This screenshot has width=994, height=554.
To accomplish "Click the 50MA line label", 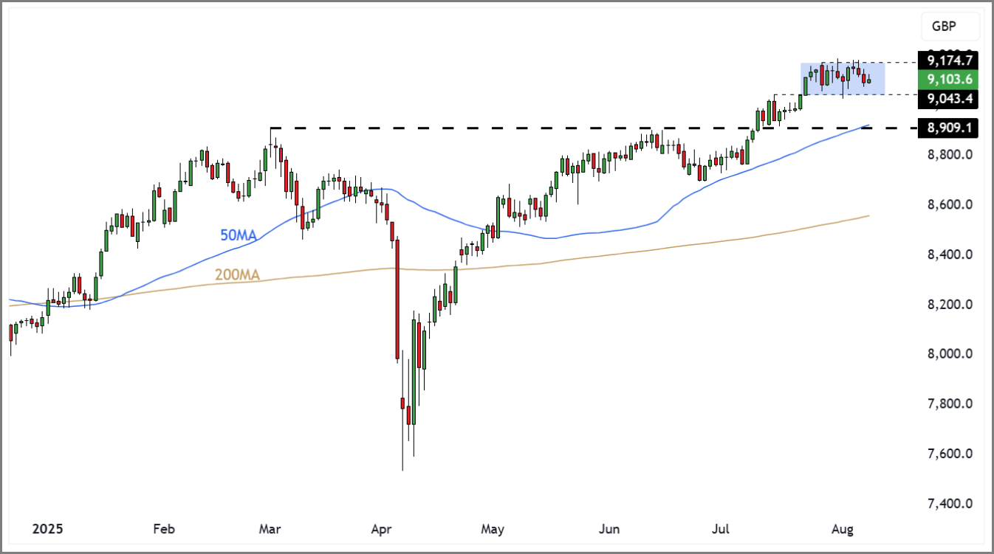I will (238, 236).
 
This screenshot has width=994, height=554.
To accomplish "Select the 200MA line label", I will (237, 275).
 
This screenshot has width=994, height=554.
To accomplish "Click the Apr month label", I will (381, 529).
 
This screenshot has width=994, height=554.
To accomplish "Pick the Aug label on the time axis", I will (843, 529).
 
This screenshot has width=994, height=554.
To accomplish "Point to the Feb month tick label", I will (164, 529).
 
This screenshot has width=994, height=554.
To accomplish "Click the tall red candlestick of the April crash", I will (397, 299).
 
